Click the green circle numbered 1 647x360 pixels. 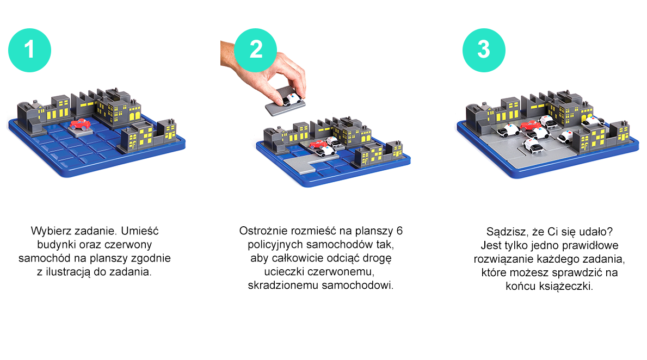29,51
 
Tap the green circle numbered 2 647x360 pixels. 255,51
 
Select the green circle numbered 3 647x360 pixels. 484,51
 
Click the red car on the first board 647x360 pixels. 81,124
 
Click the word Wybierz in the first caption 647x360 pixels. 48,230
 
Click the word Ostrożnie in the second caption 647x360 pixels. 261,230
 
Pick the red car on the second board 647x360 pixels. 317,144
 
